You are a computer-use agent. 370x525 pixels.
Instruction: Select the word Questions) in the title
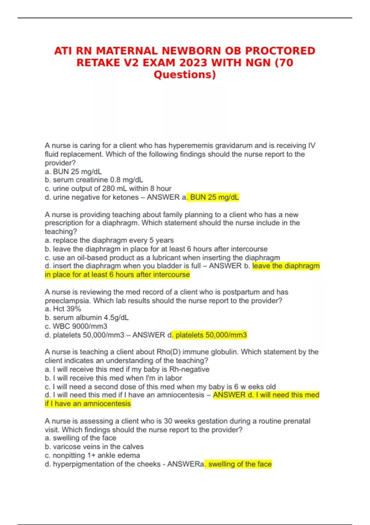(185, 75)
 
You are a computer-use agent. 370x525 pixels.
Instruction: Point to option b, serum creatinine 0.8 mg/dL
(94, 180)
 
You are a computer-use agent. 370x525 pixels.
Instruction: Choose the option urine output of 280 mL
(108, 188)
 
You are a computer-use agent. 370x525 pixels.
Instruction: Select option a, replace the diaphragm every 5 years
(109, 240)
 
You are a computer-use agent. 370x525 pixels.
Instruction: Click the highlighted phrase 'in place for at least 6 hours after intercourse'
(117, 275)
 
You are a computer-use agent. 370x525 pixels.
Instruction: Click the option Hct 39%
(63, 309)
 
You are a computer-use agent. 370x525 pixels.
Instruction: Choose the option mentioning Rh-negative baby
(127, 369)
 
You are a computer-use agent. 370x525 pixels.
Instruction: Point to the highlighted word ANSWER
(229, 395)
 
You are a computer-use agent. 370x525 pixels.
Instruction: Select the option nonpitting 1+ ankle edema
(92, 455)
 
